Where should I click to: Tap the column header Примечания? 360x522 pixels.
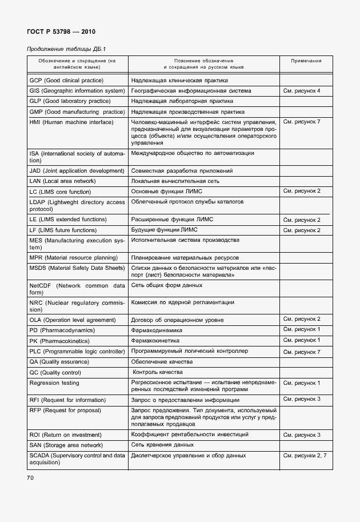tap(306, 60)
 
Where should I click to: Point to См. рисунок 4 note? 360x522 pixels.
tap(302, 91)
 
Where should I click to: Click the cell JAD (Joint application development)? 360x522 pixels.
tap(77, 171)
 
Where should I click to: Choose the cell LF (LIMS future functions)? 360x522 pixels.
tap(63, 230)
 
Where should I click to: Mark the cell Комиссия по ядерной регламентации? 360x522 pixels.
tap(182, 302)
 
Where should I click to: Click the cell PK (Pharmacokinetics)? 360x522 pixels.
tap(62, 341)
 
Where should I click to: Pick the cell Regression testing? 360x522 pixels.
tap(54, 383)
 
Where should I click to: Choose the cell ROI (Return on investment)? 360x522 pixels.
tap(65, 435)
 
